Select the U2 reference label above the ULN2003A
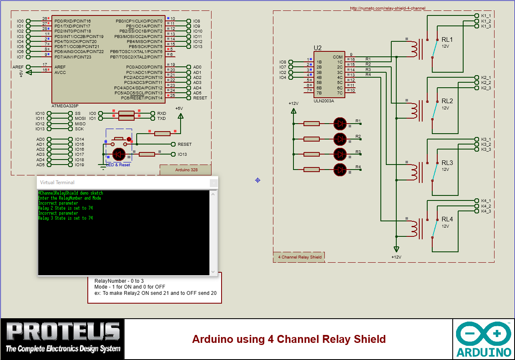click(318, 48)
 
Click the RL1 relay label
click(447, 40)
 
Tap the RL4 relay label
click(447, 219)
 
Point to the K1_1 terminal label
click(486, 15)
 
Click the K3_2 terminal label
click(486, 144)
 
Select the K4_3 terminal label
click(486, 211)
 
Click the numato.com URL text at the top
click(387, 8)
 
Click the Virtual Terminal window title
click(57, 183)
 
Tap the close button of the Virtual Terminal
click(214, 183)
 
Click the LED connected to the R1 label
click(340, 123)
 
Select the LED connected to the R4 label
click(340, 169)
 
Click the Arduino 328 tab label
click(186, 170)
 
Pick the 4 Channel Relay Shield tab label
click(300, 257)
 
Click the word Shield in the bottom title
click(370, 339)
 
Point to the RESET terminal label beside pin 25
click(200, 98)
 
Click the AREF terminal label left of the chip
click(18, 67)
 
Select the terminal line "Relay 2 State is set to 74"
click(65, 208)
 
